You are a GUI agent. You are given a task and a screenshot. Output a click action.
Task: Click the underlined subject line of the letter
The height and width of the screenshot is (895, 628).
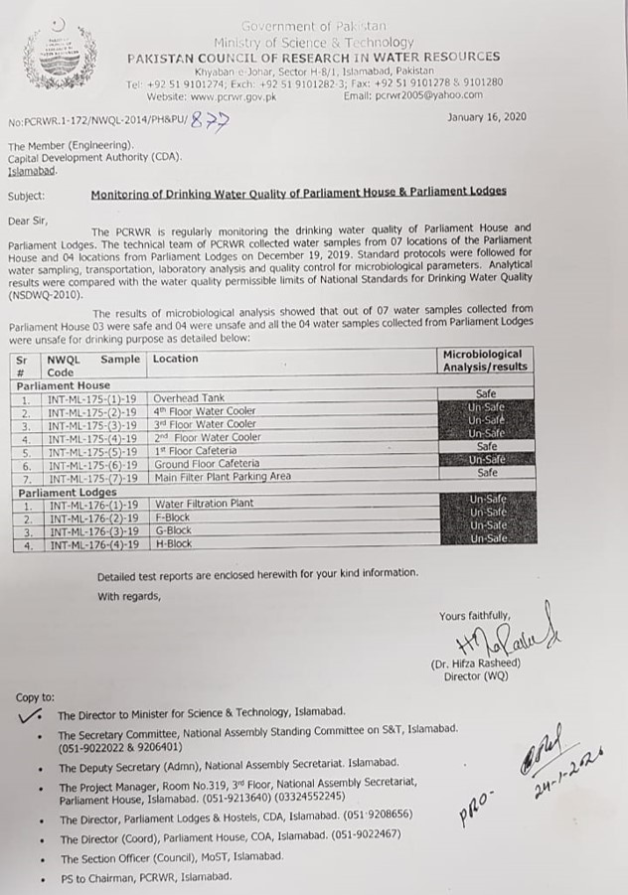click(298, 192)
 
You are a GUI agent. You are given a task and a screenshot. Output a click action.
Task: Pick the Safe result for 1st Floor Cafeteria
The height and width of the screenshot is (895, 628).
click(486, 448)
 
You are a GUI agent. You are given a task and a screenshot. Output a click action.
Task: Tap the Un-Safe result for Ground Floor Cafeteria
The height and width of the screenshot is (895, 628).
click(486, 461)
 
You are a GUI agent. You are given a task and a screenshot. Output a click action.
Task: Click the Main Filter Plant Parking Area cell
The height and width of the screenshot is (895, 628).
click(222, 476)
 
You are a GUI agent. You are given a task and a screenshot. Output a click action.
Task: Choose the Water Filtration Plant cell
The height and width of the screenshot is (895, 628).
click(204, 504)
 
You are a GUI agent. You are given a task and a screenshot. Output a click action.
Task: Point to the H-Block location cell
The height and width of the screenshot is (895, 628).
click(174, 544)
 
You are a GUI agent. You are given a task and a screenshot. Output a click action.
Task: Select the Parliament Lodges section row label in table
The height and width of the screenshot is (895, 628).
click(67, 492)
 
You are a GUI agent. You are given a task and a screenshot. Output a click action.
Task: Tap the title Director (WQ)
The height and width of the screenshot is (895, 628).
click(477, 676)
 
